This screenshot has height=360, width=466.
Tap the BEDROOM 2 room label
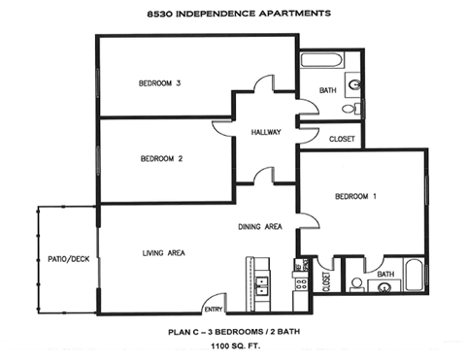tap(161, 158)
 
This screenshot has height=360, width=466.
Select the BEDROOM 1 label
tap(355, 197)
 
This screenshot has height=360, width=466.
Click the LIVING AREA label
tap(164, 253)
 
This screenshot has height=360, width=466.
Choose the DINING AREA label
tap(260, 227)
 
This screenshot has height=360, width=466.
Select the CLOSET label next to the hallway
tap(342, 139)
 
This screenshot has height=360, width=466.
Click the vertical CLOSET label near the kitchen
tap(325, 282)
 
